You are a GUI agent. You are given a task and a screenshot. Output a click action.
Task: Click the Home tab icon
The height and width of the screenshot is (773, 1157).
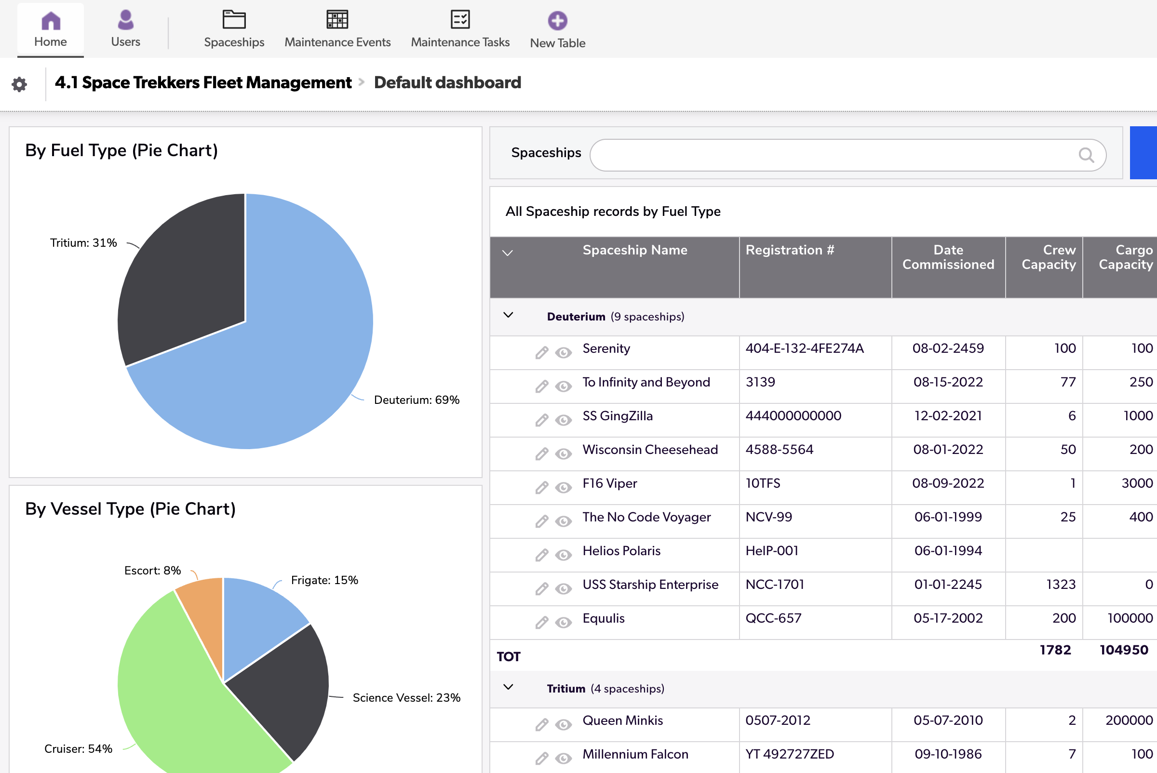coord(51,21)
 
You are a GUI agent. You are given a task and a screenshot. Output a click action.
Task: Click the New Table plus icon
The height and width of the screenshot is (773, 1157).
coord(557,21)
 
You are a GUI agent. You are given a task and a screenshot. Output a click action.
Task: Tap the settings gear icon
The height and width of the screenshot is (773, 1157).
coord(19,84)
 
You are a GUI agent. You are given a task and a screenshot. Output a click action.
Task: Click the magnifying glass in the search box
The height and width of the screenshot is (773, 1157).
coord(1086,155)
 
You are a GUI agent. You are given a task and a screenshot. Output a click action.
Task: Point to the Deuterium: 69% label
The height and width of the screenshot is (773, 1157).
coord(416,400)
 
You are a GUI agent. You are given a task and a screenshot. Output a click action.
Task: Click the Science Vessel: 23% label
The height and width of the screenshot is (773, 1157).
coord(406,697)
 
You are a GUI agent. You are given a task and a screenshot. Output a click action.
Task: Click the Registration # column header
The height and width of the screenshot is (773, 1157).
coord(790,251)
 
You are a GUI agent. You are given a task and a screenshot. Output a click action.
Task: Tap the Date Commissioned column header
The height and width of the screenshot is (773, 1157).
coord(948,257)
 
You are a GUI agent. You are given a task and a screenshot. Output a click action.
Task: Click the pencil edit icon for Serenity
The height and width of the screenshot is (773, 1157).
coord(541,352)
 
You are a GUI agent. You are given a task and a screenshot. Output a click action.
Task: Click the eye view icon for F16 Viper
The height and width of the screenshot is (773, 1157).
coord(563,488)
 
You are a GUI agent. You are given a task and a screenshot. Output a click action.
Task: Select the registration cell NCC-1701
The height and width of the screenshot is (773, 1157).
coord(775,585)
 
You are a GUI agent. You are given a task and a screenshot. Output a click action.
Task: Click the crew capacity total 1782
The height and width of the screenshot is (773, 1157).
coord(1055,650)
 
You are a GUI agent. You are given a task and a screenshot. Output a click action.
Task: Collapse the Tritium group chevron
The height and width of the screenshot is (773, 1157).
coord(509,687)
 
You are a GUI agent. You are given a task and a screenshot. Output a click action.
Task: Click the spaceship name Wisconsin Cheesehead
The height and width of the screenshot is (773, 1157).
coord(649,450)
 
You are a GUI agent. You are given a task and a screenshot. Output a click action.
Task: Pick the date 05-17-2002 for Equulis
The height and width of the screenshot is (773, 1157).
coord(948,618)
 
